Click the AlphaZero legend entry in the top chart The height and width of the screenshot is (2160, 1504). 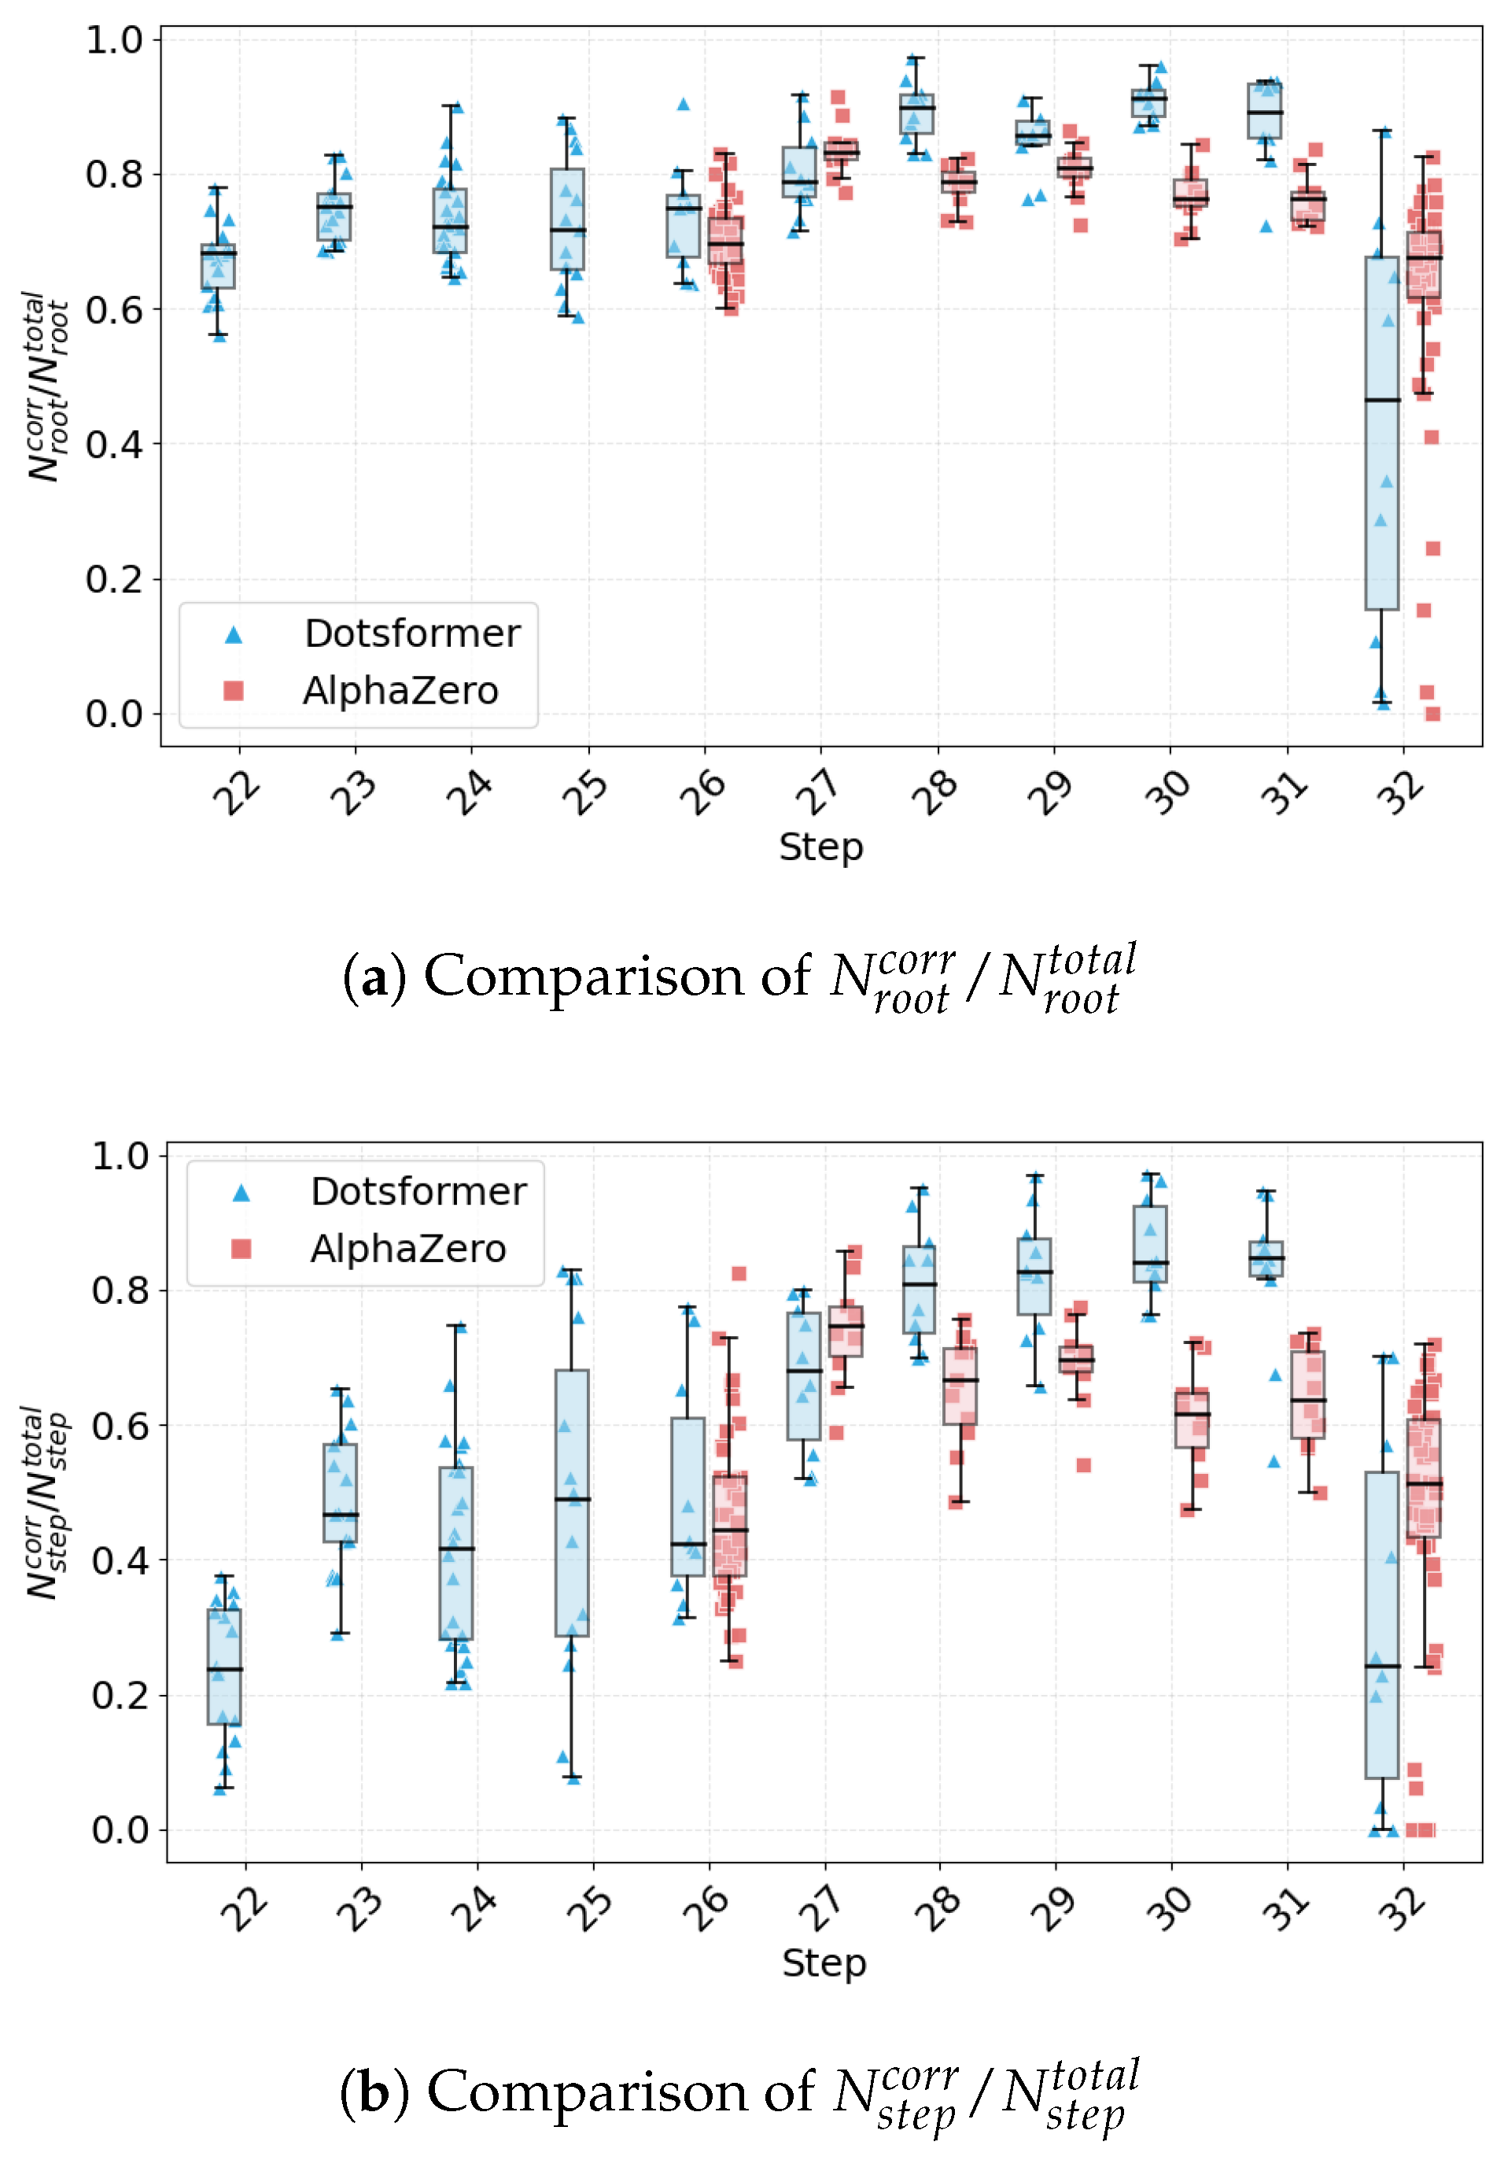click(360, 691)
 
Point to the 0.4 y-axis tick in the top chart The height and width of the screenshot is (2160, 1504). click(114, 444)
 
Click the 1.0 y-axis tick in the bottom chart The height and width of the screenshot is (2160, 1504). click(120, 1155)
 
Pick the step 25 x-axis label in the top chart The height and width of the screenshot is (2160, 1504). click(584, 792)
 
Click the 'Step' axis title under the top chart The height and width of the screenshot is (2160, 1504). click(820, 847)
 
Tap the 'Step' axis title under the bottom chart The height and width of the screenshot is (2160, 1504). click(824, 1963)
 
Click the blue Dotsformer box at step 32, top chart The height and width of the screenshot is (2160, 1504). click(1382, 433)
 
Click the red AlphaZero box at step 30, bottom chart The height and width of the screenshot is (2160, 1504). click(1192, 1419)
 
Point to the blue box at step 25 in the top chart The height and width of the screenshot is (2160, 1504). click(567, 220)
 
